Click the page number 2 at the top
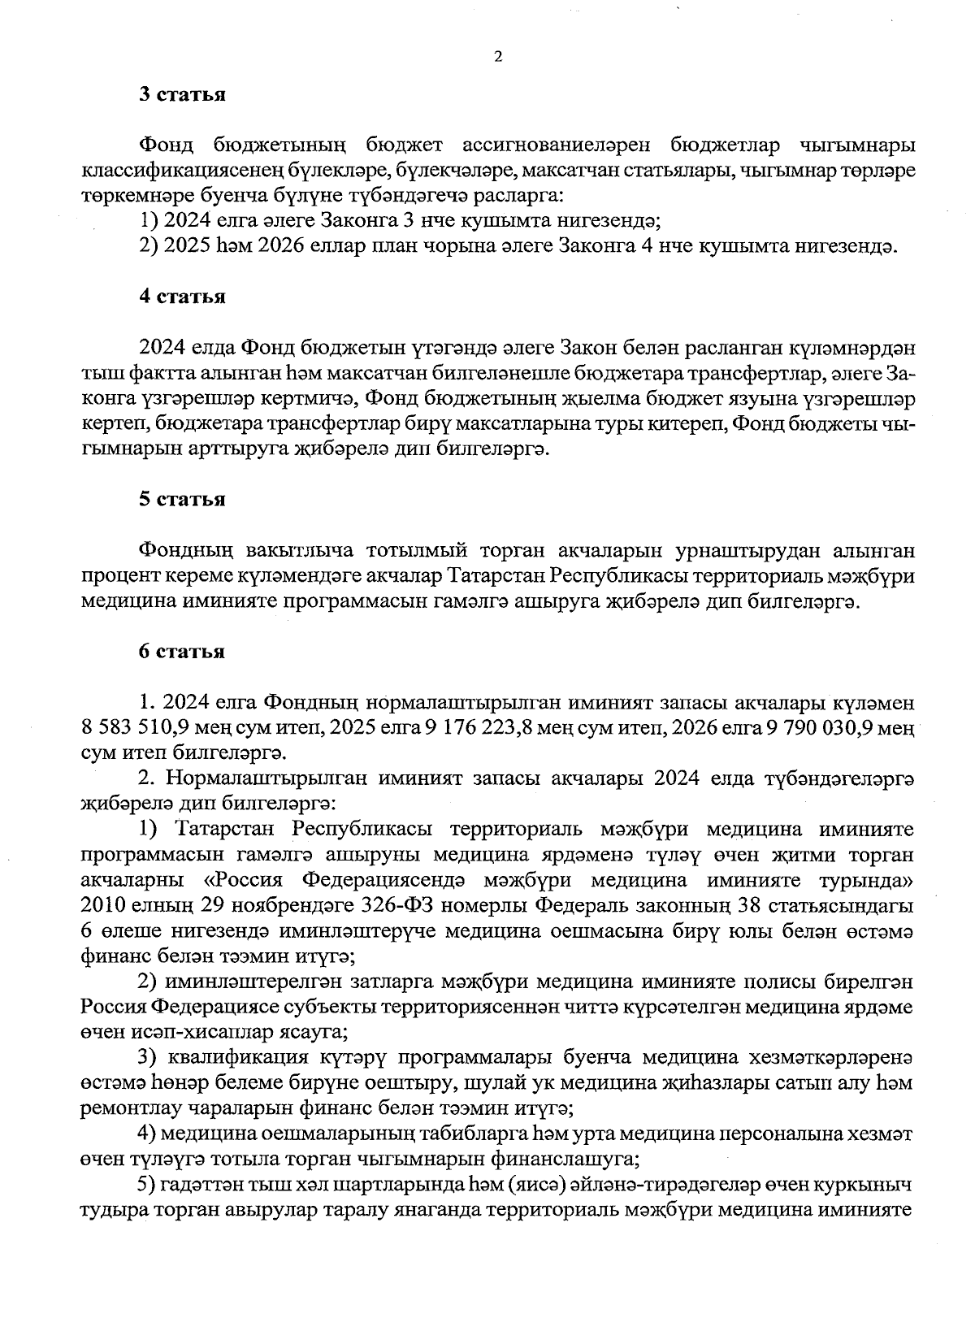498,56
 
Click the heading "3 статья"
181,94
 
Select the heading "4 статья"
181,297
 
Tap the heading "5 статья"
181,499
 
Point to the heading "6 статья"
181,652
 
